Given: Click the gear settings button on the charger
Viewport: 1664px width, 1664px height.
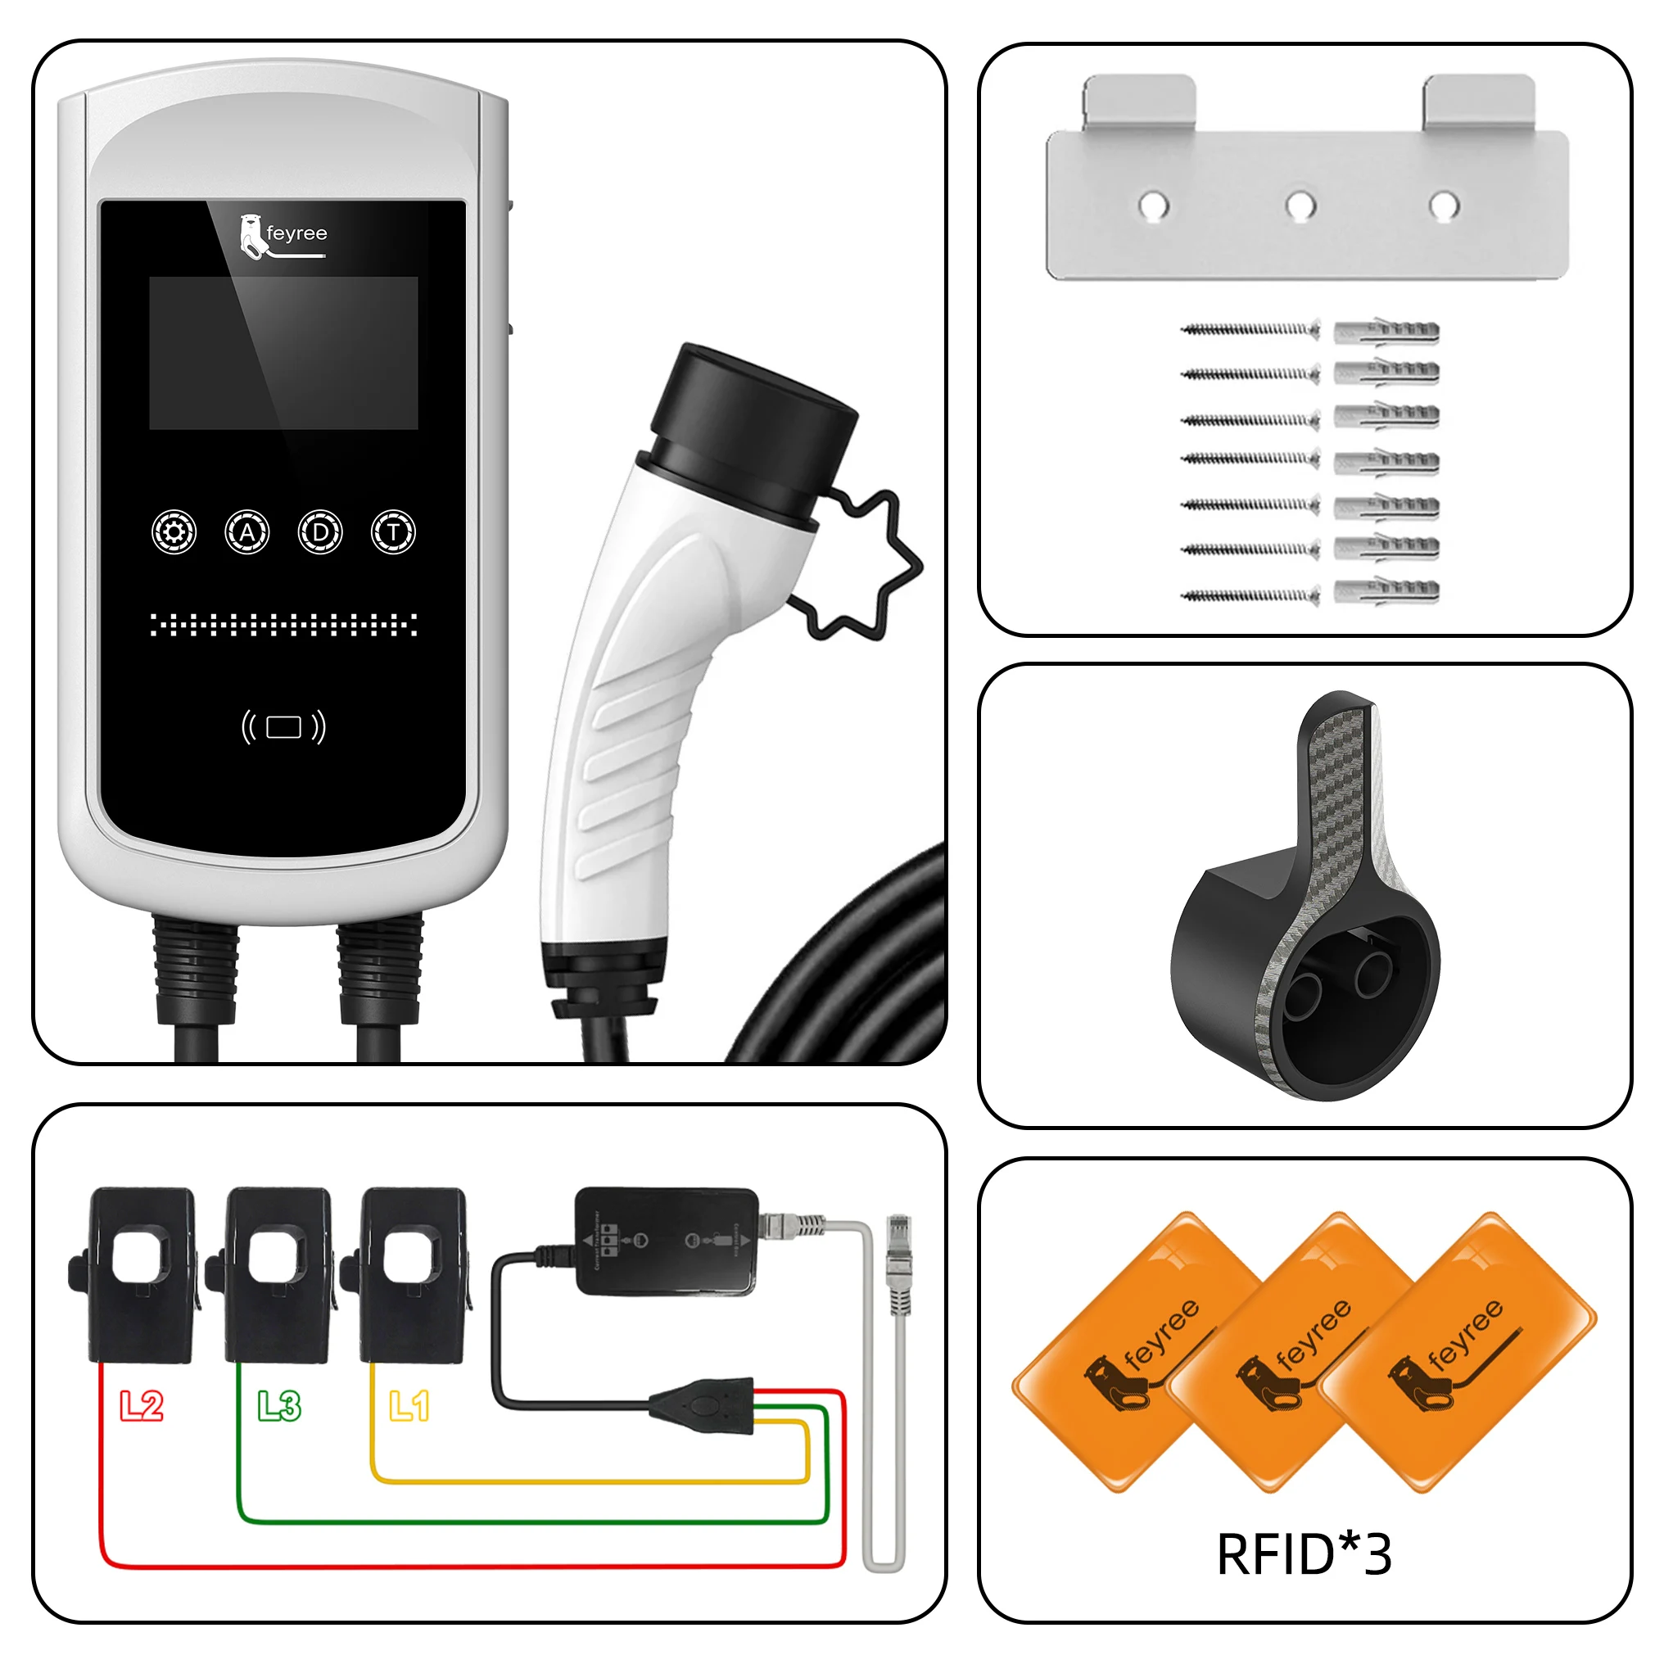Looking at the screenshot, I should coord(174,532).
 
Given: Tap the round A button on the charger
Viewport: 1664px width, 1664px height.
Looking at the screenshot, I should coord(247,532).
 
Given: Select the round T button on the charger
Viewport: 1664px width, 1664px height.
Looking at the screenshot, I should coord(394,532).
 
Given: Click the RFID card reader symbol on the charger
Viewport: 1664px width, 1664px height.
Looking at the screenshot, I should coord(283,727).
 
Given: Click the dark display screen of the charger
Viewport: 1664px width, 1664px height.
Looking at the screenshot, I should coord(283,353).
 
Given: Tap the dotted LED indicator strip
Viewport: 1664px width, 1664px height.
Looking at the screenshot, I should coord(283,625).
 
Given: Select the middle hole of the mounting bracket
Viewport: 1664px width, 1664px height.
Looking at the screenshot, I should coord(1300,206).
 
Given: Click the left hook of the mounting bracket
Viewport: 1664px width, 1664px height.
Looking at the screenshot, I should coord(1138,102).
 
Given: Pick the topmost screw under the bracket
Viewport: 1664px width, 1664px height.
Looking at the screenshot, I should coord(1249,329).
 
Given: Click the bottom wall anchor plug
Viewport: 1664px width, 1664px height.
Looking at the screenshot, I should coord(1386,592).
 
